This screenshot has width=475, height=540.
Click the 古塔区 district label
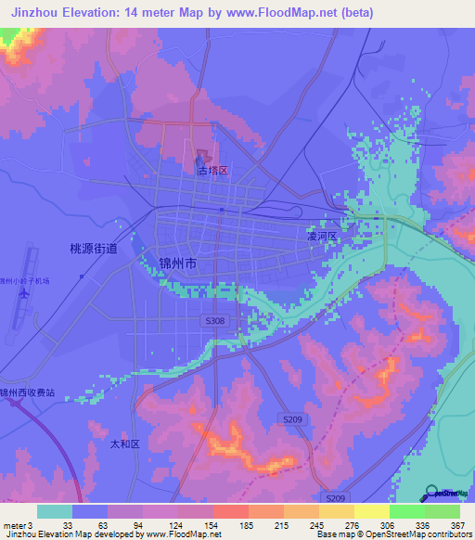click(212, 171)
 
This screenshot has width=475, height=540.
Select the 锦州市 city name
click(178, 264)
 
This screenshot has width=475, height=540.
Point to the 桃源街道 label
click(94, 249)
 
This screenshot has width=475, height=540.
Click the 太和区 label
click(122, 444)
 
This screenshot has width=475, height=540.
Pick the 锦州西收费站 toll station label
click(28, 392)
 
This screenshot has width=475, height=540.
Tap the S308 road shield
click(214, 320)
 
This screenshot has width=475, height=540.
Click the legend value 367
click(456, 525)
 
